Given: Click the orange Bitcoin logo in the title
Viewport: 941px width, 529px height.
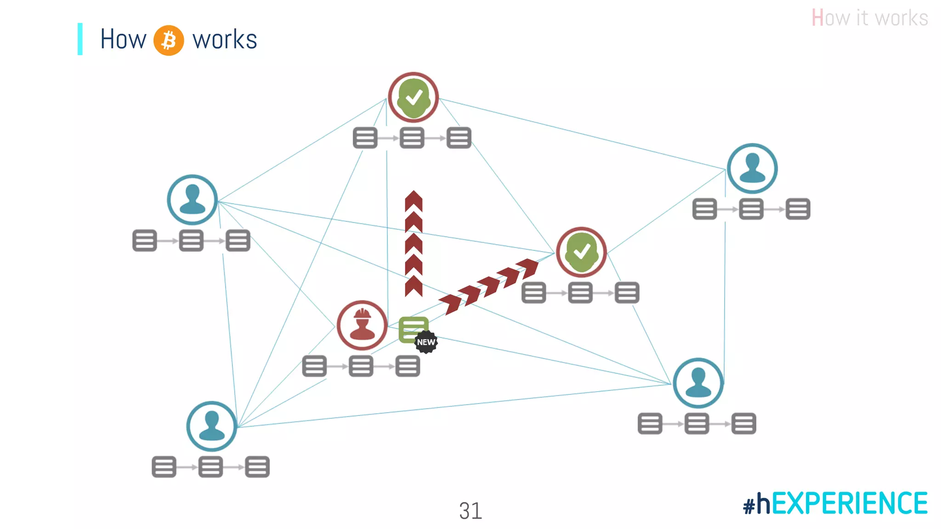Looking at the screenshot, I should (169, 40).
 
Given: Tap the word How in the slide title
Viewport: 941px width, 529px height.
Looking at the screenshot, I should (123, 39).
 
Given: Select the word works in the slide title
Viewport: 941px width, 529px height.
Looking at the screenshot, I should (225, 40).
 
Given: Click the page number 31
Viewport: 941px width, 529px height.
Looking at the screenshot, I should (470, 511).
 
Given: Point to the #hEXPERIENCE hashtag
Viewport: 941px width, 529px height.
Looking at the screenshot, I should (835, 503).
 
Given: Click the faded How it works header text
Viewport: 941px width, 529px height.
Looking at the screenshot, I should (869, 18).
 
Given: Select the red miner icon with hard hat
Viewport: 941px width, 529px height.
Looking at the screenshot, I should (362, 325).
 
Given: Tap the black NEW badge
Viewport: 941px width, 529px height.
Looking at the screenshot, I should (426, 342).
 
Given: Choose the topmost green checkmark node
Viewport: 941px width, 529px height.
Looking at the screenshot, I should (414, 97).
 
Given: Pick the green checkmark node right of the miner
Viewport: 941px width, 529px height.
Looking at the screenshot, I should (581, 252).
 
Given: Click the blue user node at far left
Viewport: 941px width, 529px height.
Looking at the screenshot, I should (192, 200).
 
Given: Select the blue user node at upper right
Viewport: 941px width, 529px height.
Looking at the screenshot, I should (752, 169).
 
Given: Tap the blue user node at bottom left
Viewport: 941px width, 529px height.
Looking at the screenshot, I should (212, 426).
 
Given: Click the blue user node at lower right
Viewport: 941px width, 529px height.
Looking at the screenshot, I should (698, 383).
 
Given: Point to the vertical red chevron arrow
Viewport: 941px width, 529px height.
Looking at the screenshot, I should (414, 243).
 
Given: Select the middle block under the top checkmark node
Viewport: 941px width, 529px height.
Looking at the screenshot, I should (412, 138).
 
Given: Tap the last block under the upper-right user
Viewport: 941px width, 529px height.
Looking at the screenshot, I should (798, 209).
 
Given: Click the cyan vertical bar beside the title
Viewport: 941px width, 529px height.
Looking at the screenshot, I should (80, 39).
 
